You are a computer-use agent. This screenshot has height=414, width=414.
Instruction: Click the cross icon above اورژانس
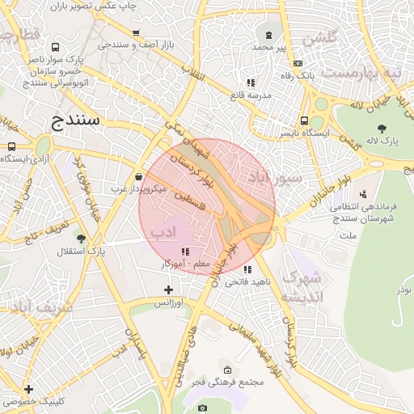coord(168,289)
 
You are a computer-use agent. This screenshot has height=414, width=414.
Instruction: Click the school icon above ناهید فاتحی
coord(247,268)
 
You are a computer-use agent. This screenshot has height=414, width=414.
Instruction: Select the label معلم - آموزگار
coord(186,264)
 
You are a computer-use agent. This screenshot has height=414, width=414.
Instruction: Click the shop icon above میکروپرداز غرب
coord(139,176)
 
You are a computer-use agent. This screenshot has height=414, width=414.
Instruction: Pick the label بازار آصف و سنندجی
coord(136,45)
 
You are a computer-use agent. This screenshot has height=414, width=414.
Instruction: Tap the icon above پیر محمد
coord(268,35)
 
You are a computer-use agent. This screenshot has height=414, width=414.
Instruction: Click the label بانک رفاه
coord(297,75)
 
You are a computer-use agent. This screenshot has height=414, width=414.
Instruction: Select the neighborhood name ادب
coord(163,233)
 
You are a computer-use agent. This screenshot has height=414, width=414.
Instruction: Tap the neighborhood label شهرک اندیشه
coord(301,288)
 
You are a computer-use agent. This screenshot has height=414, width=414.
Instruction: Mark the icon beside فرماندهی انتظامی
coord(362,193)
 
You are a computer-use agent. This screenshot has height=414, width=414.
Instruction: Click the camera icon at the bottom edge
coord(202,408)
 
